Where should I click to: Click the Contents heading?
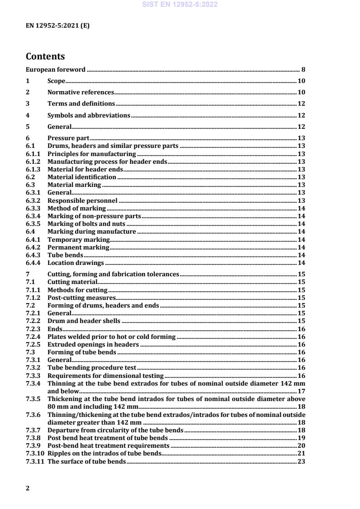pos(45,57)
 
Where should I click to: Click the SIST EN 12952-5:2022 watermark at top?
pos(180,5)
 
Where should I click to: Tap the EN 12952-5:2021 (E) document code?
pos(58,26)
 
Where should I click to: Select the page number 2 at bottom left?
pos(28,488)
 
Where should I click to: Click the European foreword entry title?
pos(55,70)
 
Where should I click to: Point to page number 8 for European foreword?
pos(303,70)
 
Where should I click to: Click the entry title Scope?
pos(56,81)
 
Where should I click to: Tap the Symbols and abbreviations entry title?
pos(89,115)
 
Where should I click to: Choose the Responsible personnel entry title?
pos(83,201)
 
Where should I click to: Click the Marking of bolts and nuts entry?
pos(86,224)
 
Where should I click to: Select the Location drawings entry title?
pos(76,263)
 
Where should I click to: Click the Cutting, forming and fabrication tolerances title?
pos(113,274)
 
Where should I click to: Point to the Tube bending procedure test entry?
pos(92,368)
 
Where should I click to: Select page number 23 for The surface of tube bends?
pos(301,461)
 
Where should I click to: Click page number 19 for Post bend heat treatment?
pos(301,438)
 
